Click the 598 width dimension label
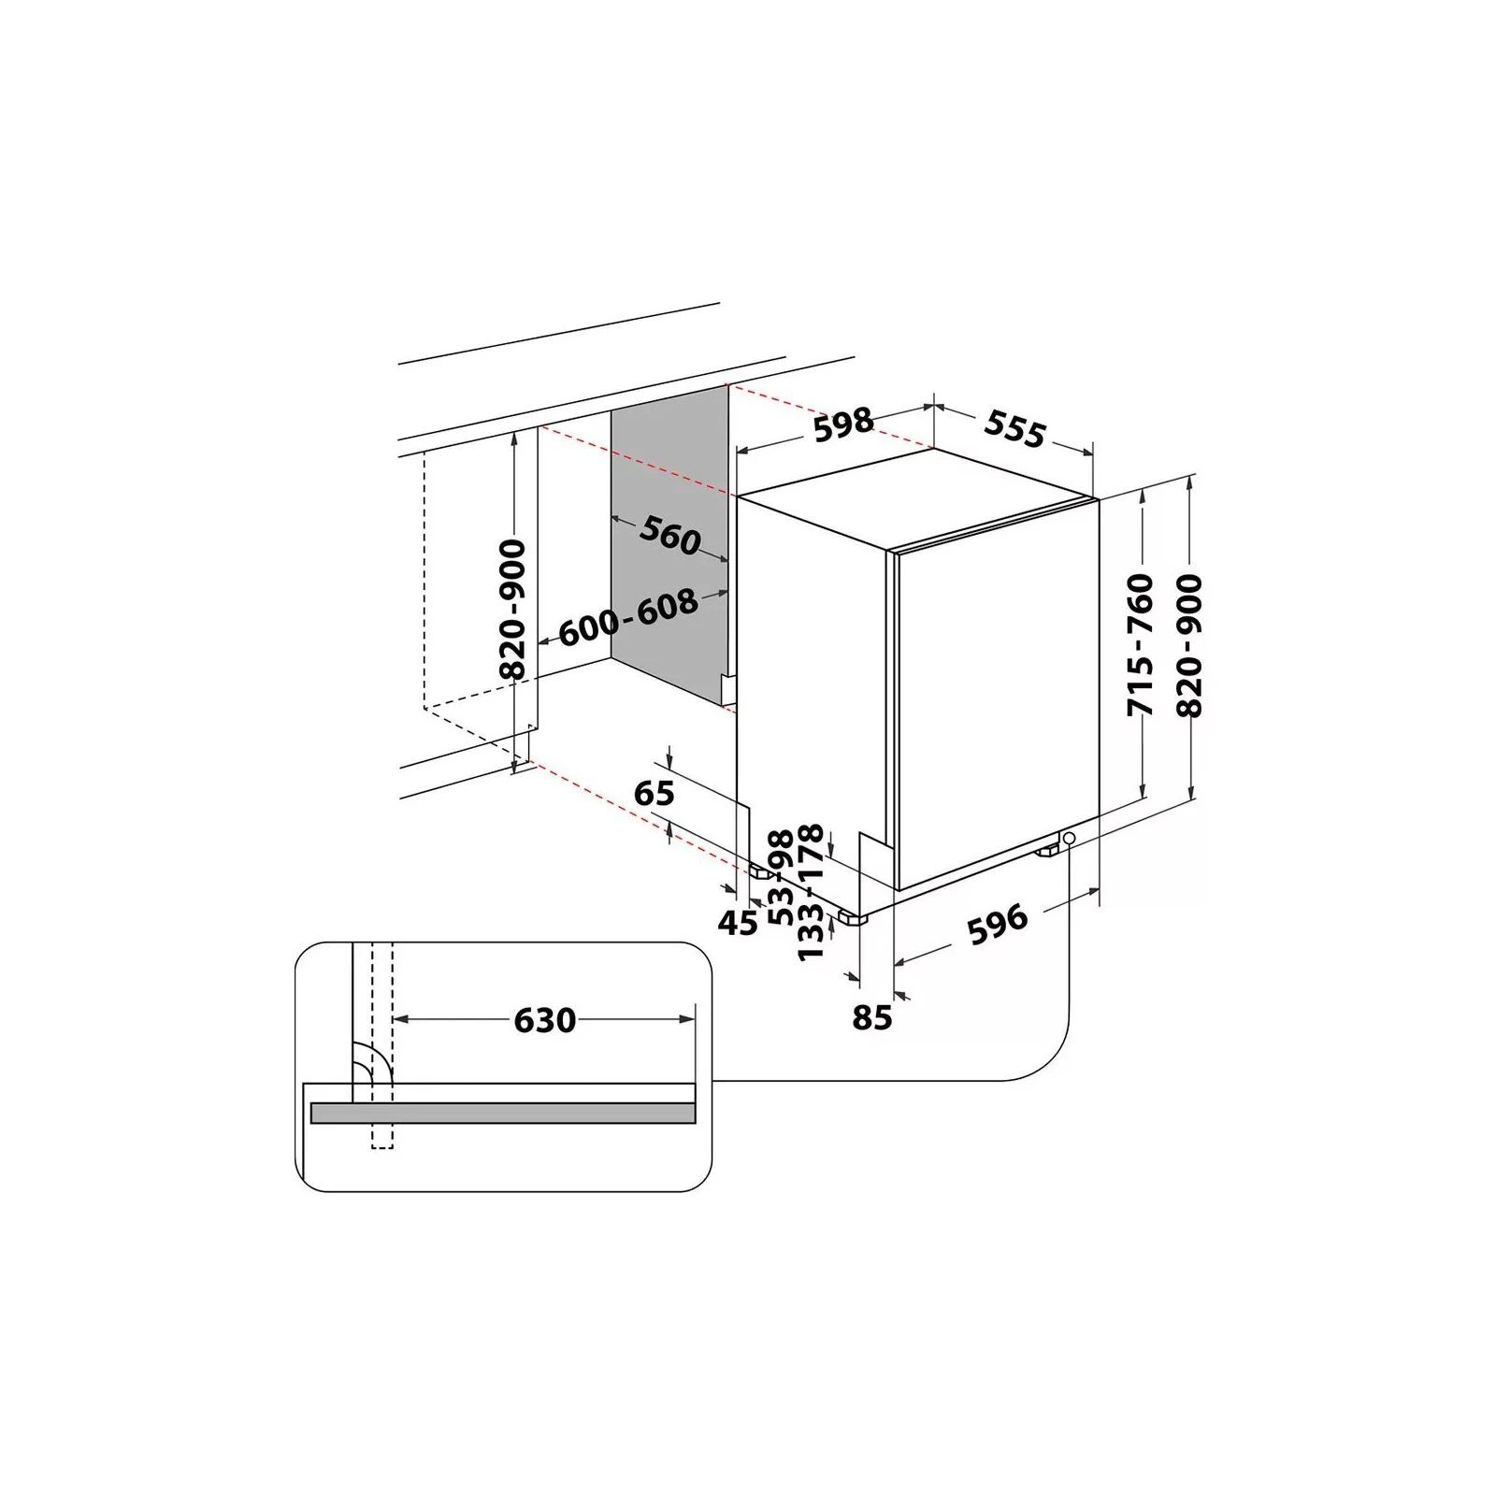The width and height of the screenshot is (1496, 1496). [x=843, y=424]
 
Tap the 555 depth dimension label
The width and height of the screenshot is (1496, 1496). [x=1014, y=429]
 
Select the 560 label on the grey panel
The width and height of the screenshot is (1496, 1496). [x=670, y=537]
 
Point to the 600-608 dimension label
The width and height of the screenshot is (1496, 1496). [x=628, y=618]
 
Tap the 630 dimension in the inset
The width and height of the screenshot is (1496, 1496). [x=544, y=1019]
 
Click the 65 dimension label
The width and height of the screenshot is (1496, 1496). [x=654, y=793]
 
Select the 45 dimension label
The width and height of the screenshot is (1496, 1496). [x=738, y=923]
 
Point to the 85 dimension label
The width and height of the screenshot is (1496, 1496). [x=872, y=1017]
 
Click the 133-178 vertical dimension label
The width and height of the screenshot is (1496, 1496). [x=811, y=891]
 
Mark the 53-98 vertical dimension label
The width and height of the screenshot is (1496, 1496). [x=780, y=875]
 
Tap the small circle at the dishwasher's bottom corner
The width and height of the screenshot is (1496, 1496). [x=1069, y=839]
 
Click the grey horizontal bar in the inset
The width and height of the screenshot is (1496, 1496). [x=503, y=1113]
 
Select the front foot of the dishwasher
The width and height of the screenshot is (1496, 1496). [x=852, y=917]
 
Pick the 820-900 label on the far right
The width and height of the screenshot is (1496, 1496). [x=1189, y=645]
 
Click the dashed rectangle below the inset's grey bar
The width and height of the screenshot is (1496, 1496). [x=382, y=1136]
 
